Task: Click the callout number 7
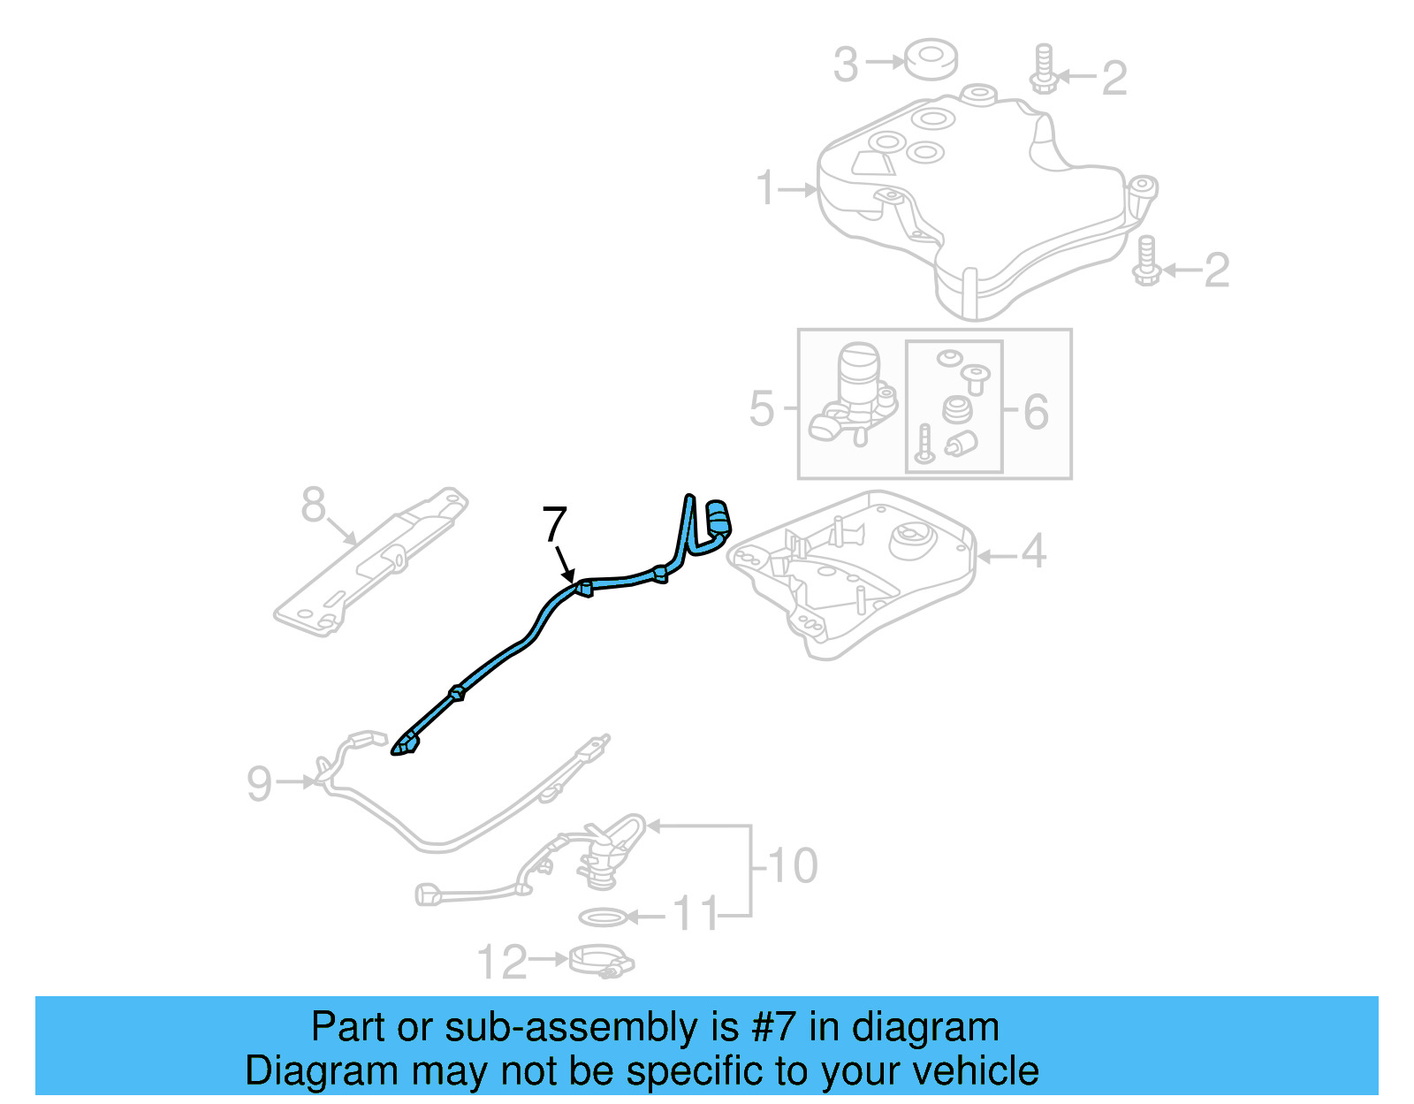tap(554, 523)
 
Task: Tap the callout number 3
tap(846, 65)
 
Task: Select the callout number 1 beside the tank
tap(766, 188)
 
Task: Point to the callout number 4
tap(1033, 551)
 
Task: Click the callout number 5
tap(762, 408)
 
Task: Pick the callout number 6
tap(1037, 412)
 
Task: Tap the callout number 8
tap(313, 504)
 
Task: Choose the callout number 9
tap(259, 783)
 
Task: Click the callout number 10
tap(793, 865)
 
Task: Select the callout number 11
tap(695, 913)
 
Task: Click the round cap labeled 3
tap(931, 59)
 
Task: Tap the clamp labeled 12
tap(602, 962)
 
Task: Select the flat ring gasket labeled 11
tap(604, 917)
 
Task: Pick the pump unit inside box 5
tap(854, 395)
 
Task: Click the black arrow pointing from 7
tap(565, 564)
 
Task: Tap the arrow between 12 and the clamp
tap(549, 959)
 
